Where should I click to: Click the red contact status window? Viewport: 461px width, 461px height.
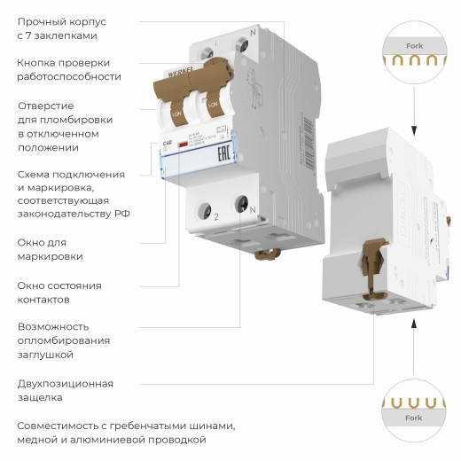coord(182,144)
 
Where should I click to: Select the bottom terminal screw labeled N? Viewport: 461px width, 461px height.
coord(240,205)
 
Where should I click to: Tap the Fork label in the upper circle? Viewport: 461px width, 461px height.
coord(414,43)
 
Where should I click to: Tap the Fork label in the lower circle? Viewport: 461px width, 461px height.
coord(413,418)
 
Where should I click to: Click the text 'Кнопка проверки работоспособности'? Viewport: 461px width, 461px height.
coord(69,69)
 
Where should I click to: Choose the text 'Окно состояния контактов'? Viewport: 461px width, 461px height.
coord(59,293)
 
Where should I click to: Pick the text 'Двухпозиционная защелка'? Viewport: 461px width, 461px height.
coord(66,391)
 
